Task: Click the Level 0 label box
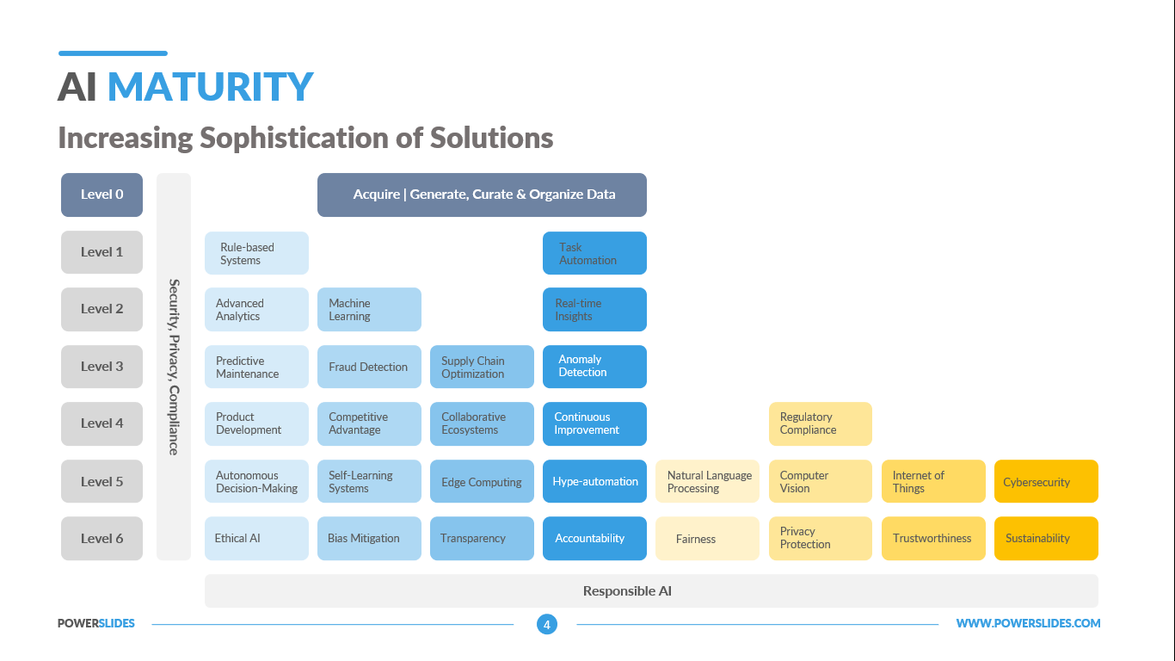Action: [x=102, y=195]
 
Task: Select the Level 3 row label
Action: [x=102, y=367]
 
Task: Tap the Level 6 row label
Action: [x=102, y=539]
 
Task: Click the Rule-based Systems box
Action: [x=256, y=254]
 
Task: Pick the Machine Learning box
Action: [x=369, y=310]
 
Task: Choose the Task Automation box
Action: [x=594, y=254]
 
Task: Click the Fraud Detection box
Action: [x=369, y=367]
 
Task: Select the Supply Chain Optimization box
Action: [x=482, y=367]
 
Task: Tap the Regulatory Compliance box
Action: [x=820, y=423]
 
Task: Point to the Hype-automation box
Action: [x=594, y=482]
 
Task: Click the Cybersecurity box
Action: [x=1046, y=482]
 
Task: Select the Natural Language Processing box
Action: [x=707, y=482]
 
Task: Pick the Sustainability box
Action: [x=1046, y=539]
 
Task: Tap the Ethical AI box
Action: [x=256, y=539]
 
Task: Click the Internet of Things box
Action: [x=933, y=482]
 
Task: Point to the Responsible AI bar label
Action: [x=627, y=591]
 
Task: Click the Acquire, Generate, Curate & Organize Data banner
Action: [x=482, y=195]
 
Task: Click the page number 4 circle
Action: [x=547, y=624]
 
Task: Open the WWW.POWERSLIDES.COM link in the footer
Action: [x=1028, y=624]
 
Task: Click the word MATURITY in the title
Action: [x=211, y=87]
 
